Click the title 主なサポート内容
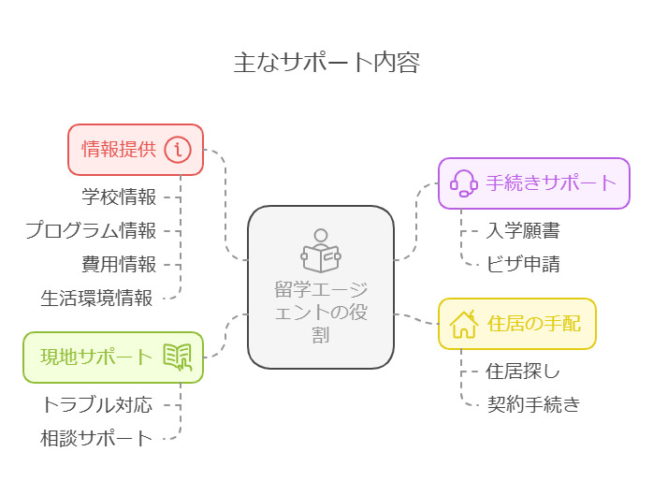tap(326, 63)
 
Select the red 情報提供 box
tap(135, 150)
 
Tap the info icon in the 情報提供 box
tap(178, 150)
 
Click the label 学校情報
tap(119, 197)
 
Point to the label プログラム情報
tap(91, 230)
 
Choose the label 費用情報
tap(119, 264)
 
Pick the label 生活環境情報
tap(96, 298)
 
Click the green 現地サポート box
tap(113, 357)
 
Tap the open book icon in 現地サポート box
tap(178, 357)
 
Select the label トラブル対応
tap(96, 404)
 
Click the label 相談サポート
tap(96, 438)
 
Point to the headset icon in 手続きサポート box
tap(464, 182)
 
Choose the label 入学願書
tap(524, 230)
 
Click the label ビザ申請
tap(524, 264)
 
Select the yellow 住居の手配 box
tap(517, 324)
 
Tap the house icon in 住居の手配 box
tap(464, 324)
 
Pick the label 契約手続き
tap(534, 404)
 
